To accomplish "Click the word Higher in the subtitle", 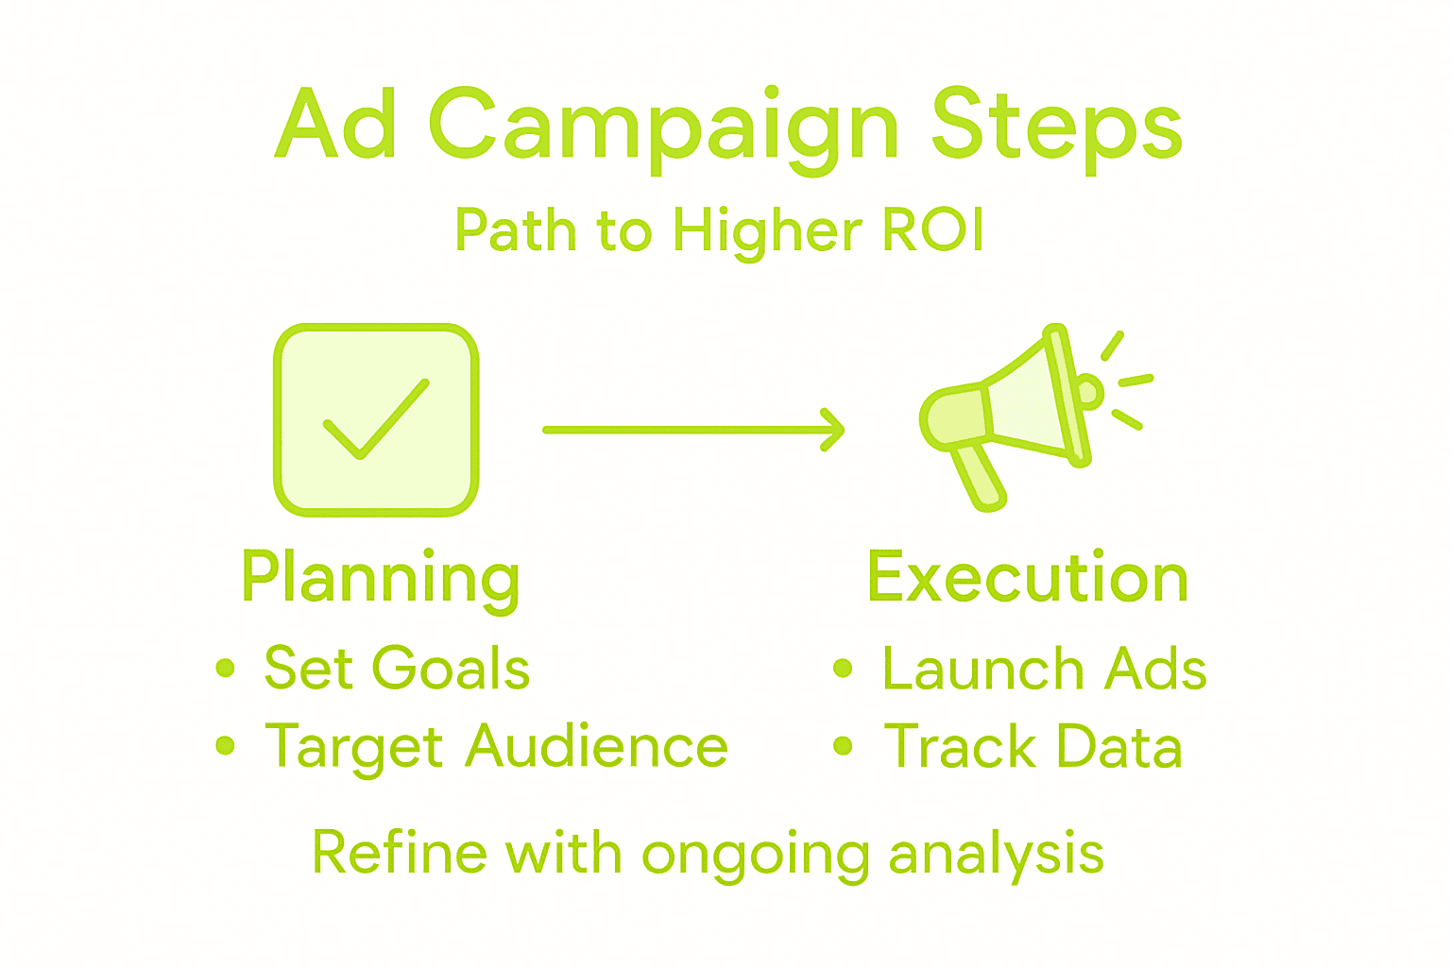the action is click(768, 233).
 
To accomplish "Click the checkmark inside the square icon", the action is click(376, 419).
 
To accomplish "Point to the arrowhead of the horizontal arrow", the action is click(834, 430).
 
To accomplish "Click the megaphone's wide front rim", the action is click(1067, 395).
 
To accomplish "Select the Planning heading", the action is click(381, 580).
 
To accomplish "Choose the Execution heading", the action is click(1028, 576).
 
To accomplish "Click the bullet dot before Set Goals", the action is click(225, 668).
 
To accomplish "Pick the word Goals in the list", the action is click(451, 667).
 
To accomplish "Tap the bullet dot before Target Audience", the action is click(225, 745).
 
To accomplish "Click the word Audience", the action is click(597, 745).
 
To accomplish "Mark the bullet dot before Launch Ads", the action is click(843, 668).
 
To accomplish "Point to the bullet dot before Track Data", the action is click(843, 745).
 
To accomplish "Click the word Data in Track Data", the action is click(1120, 745).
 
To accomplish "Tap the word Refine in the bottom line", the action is click(400, 853).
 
